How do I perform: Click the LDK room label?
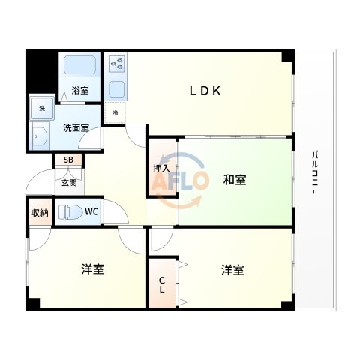(204, 91)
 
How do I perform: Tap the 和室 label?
(235, 180)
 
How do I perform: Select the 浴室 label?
(79, 90)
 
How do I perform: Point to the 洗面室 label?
(76, 127)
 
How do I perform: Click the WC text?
(91, 212)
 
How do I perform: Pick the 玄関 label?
(68, 181)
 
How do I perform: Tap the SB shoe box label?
(68, 160)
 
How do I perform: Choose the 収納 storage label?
(40, 213)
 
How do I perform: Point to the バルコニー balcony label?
(315, 175)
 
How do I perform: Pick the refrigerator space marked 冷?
(115, 112)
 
